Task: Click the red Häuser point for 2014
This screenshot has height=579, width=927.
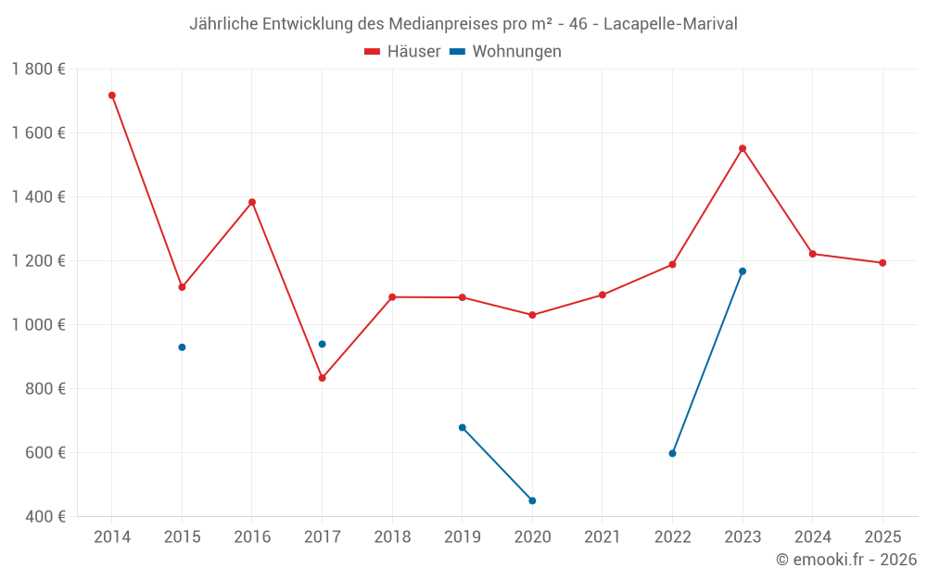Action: pos(112,95)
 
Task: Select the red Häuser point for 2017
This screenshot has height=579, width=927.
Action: pos(322,378)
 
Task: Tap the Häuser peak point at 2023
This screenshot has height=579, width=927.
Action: pos(743,148)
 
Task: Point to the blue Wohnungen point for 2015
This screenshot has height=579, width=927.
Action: pos(182,347)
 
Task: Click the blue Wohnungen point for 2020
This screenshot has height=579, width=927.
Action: pos(532,500)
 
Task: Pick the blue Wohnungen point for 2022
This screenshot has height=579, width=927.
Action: pos(672,453)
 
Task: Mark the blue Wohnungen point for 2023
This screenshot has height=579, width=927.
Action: pos(743,271)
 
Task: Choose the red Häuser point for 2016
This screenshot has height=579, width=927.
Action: pos(252,202)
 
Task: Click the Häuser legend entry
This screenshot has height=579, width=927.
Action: pos(402,52)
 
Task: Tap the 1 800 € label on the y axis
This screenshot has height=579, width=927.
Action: pos(38,69)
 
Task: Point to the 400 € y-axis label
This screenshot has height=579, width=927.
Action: pos(45,517)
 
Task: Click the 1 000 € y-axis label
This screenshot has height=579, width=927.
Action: pos(38,325)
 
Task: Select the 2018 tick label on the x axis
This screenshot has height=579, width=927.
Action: pos(392,537)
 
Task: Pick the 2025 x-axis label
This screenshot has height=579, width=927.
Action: pos(883,537)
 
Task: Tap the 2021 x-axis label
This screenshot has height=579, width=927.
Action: pos(603,537)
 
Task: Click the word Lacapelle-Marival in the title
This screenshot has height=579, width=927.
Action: pos(670,24)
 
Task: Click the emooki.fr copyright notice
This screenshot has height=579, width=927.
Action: pos(846,560)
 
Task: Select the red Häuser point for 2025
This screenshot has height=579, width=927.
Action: pos(883,263)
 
